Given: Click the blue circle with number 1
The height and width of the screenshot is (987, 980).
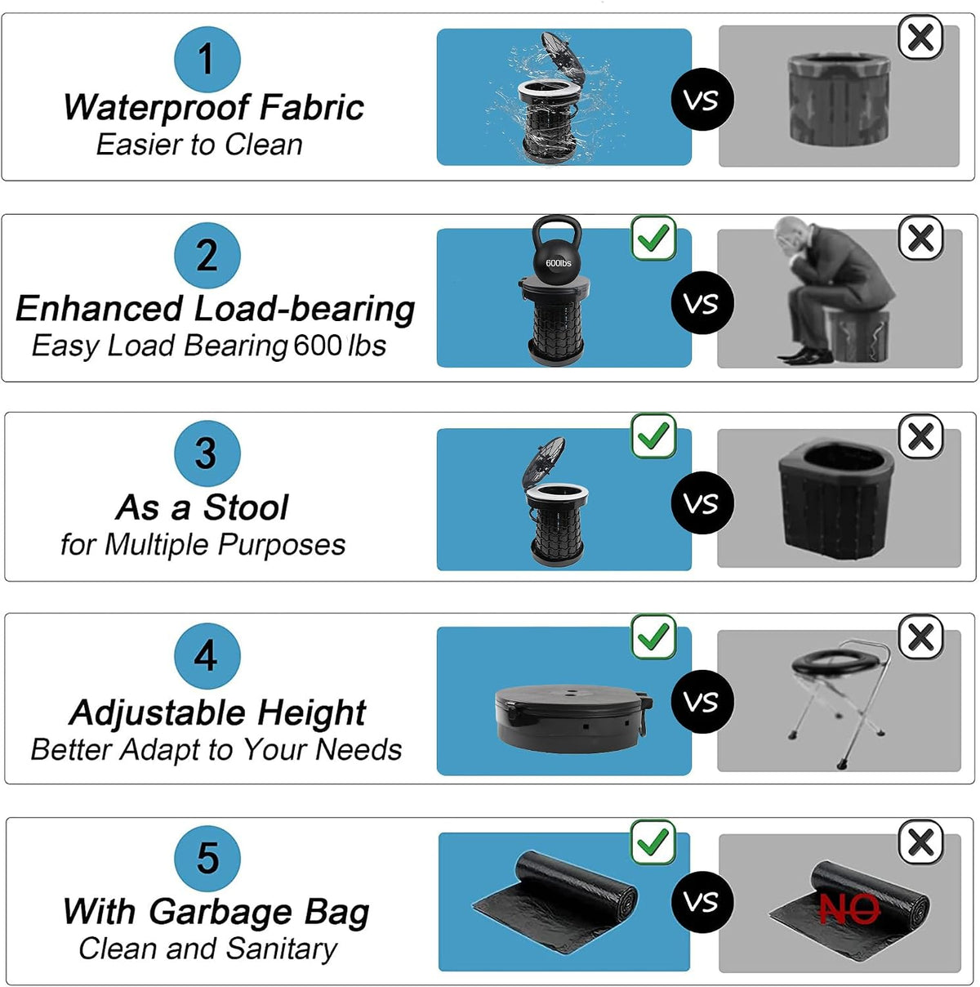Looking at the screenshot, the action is pyautogui.click(x=207, y=60).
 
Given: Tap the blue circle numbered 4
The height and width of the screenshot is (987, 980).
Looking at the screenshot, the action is pyautogui.click(x=207, y=655).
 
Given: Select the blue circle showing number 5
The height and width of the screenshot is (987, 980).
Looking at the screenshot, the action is pyautogui.click(x=207, y=859).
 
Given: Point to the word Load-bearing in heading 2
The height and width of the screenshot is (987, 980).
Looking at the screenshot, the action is pyautogui.click(x=304, y=310).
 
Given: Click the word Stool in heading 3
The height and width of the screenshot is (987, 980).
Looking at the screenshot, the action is pyautogui.click(x=245, y=507).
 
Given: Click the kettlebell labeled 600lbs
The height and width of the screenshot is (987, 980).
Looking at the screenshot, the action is pyautogui.click(x=558, y=248).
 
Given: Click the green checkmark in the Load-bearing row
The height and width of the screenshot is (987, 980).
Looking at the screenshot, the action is pyautogui.click(x=653, y=238).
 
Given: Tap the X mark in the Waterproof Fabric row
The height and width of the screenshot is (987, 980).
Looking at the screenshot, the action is pyautogui.click(x=920, y=38).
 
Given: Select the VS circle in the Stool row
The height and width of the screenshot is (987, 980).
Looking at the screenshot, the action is pyautogui.click(x=702, y=502).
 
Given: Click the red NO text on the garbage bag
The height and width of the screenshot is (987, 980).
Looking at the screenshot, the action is pyautogui.click(x=849, y=909).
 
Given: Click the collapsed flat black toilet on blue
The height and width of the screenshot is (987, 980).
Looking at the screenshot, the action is pyautogui.click(x=573, y=717).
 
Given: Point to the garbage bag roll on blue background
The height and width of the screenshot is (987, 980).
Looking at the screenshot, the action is pyautogui.click(x=555, y=903).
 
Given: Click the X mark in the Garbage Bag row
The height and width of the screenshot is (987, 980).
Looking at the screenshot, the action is pyautogui.click(x=920, y=842).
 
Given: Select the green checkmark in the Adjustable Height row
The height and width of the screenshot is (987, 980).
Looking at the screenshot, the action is pyautogui.click(x=653, y=636).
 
